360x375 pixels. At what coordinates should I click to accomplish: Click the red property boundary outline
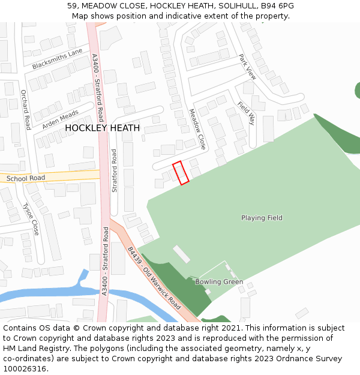click(x=181, y=172)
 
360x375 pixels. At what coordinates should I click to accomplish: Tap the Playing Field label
click(x=262, y=218)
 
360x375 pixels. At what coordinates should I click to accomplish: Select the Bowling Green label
click(x=219, y=281)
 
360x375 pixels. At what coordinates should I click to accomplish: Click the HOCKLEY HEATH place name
click(x=102, y=128)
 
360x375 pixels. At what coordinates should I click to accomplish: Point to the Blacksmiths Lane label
click(x=58, y=59)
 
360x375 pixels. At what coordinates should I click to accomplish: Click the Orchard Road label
click(x=25, y=110)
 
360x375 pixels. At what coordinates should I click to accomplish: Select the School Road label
click(x=26, y=178)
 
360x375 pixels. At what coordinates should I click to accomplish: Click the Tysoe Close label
click(x=31, y=219)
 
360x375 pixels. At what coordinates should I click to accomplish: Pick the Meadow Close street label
click(x=197, y=129)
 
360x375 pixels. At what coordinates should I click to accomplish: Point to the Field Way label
click(x=247, y=113)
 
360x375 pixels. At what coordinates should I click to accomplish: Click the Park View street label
click(x=247, y=67)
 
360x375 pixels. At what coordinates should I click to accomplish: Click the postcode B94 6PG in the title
click(x=276, y=6)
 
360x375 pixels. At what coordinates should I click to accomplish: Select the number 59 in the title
click(x=72, y=6)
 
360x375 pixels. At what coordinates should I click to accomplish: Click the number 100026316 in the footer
click(x=25, y=369)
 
